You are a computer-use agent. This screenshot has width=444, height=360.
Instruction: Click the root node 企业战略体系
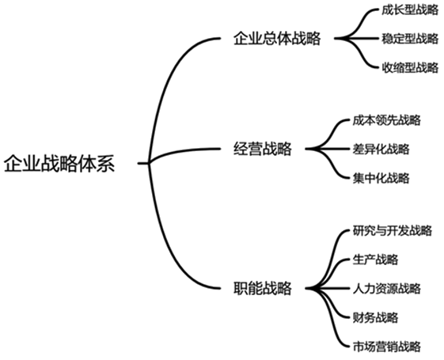(x=59, y=164)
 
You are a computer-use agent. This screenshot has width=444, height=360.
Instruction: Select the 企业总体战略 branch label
(x=277, y=38)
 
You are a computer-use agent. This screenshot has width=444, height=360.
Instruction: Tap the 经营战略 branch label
(x=263, y=149)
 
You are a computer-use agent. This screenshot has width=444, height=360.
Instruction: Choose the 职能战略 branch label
(x=263, y=289)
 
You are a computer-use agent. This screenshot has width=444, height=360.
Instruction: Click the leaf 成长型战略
(x=410, y=10)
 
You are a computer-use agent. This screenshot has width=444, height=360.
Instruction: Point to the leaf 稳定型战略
(x=410, y=39)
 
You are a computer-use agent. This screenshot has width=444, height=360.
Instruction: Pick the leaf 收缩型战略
(x=410, y=67)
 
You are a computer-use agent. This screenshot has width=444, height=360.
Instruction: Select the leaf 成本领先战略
(x=386, y=120)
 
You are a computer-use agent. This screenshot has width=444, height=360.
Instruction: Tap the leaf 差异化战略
(x=381, y=149)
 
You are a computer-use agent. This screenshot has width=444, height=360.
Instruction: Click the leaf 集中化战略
(x=381, y=178)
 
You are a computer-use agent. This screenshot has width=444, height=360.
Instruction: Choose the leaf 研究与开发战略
(x=393, y=230)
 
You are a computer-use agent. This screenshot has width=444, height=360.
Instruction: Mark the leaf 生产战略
(x=375, y=260)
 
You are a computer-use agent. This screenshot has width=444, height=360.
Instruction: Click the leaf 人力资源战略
(x=386, y=289)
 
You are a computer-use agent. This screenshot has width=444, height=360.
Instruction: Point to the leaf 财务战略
(x=375, y=317)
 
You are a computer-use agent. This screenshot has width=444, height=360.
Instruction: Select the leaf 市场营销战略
(x=386, y=347)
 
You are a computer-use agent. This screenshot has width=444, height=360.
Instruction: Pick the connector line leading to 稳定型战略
(x=358, y=38)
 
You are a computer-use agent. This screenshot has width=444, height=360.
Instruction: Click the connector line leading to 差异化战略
(x=328, y=149)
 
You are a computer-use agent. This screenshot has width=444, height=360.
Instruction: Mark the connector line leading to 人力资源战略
(x=328, y=289)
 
